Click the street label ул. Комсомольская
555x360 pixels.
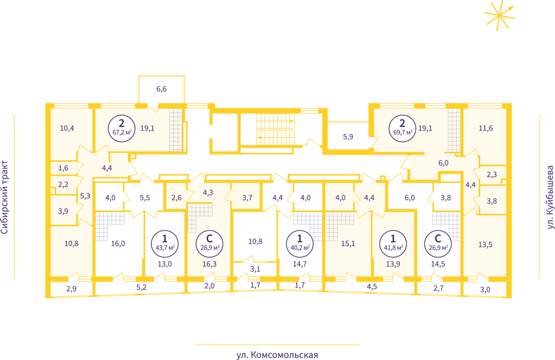277,354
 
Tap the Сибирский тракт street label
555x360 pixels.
4,197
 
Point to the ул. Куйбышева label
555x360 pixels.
549,197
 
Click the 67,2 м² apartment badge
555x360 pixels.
122,128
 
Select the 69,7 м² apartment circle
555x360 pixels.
402,128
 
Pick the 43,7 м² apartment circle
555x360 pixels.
165,242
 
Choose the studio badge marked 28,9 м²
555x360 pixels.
209,242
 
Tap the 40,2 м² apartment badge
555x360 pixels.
300,242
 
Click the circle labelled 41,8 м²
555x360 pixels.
393,242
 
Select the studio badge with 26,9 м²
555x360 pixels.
438,242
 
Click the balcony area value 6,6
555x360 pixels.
162,89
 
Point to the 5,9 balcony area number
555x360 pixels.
348,137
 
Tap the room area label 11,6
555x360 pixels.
486,128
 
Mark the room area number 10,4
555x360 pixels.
67,128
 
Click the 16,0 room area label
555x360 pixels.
118,243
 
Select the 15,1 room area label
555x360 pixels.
348,243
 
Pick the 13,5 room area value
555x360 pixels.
485,244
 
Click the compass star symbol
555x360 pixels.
499,16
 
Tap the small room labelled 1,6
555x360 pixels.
63,168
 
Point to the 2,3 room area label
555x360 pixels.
492,174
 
